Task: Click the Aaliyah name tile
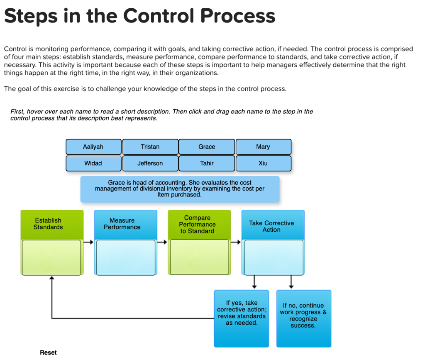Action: click(93, 147)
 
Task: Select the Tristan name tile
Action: click(150, 147)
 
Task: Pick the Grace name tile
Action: click(207, 147)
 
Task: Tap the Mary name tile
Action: click(263, 147)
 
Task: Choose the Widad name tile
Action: click(93, 164)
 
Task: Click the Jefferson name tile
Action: click(150, 164)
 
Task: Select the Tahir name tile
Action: click(207, 164)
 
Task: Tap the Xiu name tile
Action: click(263, 164)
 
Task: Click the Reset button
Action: click(48, 353)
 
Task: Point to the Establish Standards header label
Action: click(48, 224)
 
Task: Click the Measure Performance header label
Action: click(122, 224)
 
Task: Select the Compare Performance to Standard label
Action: click(197, 224)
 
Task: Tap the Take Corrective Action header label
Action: click(271, 226)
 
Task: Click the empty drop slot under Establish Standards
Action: click(51, 257)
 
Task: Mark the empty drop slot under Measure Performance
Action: click(126, 257)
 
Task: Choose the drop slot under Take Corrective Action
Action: click(274, 257)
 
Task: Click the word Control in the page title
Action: click(159, 16)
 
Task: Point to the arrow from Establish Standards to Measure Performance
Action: click(89, 242)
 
